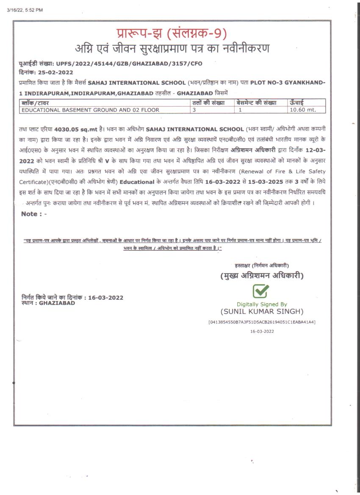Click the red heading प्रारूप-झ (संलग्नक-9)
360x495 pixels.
tap(172, 33)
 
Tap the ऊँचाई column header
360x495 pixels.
tap(296, 103)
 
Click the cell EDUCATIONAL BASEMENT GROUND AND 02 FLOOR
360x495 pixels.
tap(91, 110)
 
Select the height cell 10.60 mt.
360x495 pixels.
tap(302, 110)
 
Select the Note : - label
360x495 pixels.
tap(34, 214)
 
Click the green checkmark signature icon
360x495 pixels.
tap(261, 291)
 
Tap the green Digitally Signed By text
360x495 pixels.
tap(262, 304)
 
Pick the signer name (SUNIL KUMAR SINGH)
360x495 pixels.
tap(262, 312)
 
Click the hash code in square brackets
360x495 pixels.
tap(262, 322)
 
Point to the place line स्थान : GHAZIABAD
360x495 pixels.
tap(48, 303)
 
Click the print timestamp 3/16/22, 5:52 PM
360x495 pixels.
tap(25, 10)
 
